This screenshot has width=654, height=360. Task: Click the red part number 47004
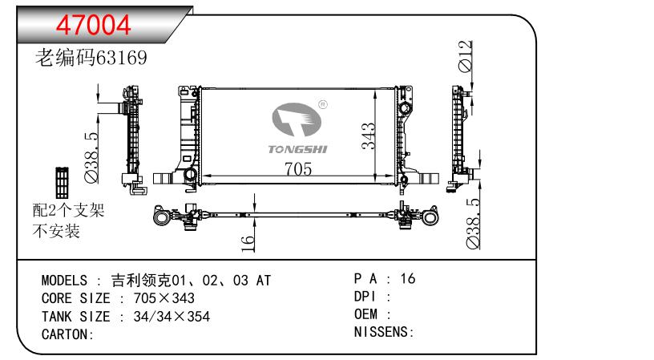94,25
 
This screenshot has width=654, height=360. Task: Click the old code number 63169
121,58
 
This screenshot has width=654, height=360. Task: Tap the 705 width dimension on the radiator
298,169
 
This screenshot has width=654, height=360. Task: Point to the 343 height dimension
369,136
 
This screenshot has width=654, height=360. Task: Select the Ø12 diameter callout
466,56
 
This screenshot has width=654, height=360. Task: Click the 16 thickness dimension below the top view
248,244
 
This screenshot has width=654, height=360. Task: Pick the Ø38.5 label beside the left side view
91,158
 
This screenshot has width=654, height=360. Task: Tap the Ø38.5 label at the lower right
473,224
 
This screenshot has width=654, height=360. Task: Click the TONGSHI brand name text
298,149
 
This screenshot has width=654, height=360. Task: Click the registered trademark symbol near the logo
323,104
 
